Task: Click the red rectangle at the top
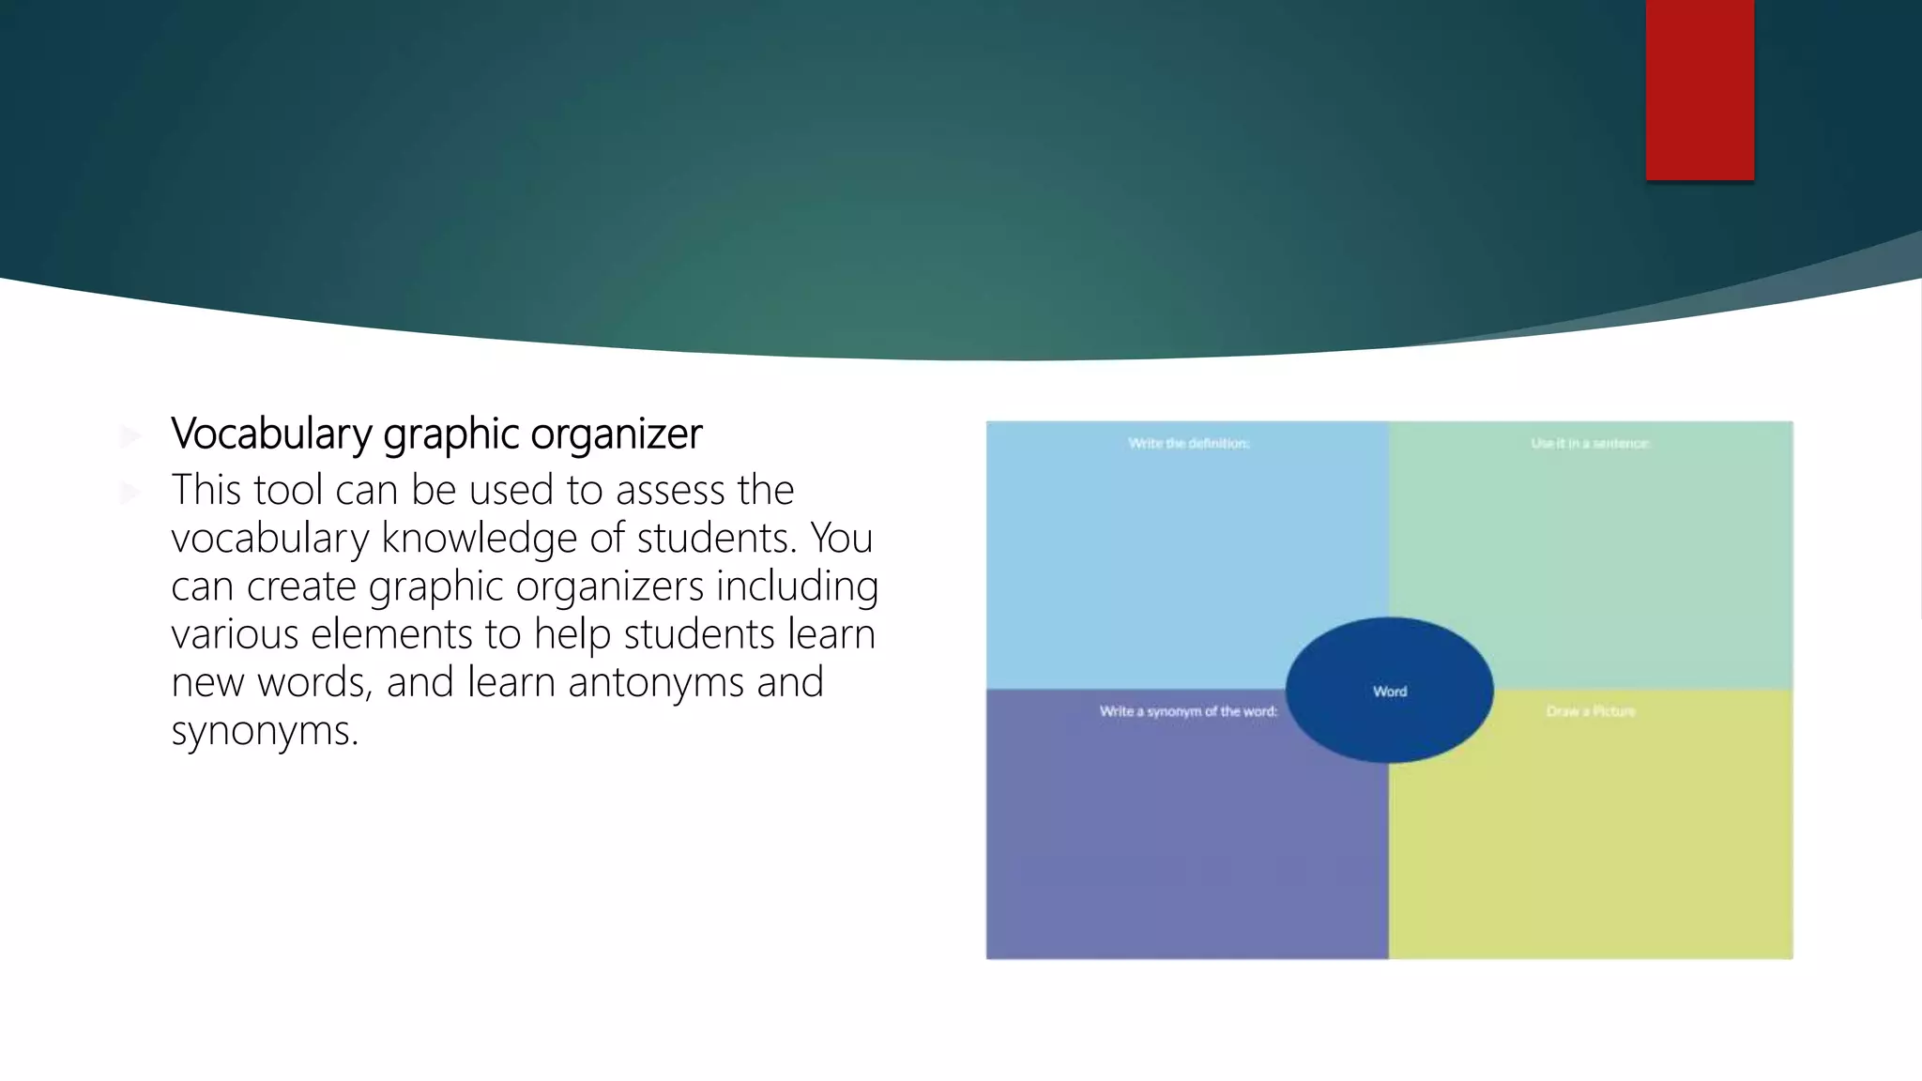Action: click(x=1700, y=89)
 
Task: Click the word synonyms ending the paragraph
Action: click(x=264, y=731)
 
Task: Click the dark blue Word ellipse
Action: click(x=1389, y=691)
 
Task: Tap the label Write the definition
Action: click(x=1188, y=443)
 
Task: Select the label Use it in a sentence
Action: click(x=1590, y=443)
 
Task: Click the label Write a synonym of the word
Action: click(x=1188, y=711)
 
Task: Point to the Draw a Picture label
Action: click(x=1590, y=711)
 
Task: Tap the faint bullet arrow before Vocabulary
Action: click(x=130, y=435)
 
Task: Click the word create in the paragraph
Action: click(x=300, y=587)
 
